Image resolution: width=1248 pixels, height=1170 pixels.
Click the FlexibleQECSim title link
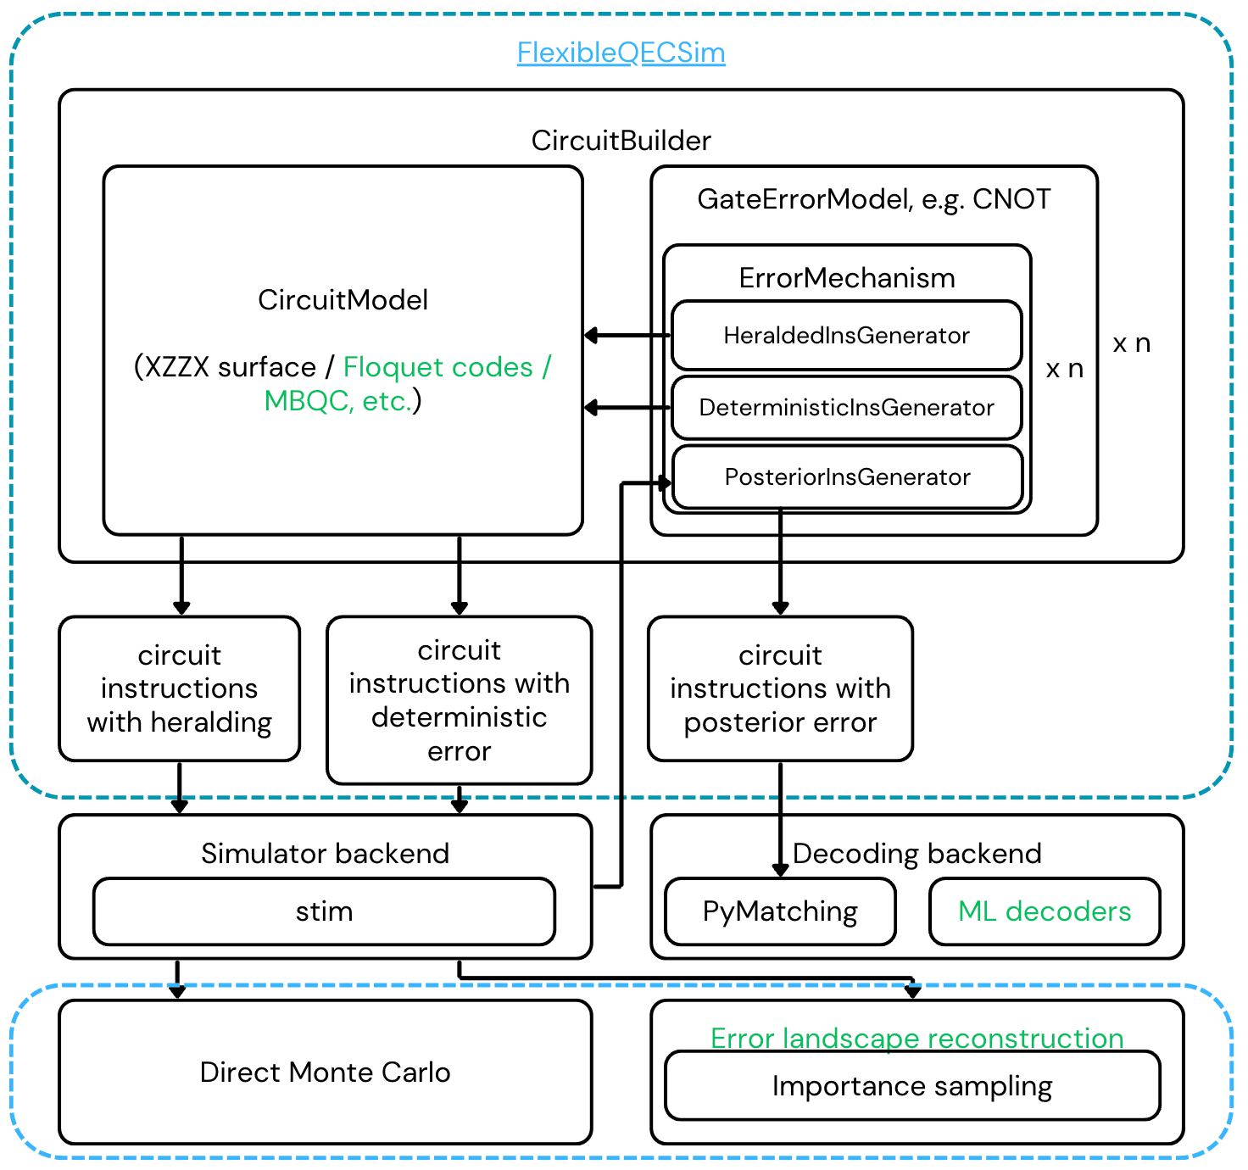621,53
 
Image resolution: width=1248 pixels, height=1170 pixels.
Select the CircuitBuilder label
621,140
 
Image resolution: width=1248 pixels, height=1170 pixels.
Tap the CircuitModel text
343,299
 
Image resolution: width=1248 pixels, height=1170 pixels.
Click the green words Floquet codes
438,367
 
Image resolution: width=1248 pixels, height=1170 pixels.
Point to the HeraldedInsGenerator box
846,335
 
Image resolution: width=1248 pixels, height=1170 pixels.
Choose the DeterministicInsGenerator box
846,407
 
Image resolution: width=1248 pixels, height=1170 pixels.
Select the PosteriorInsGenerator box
846,476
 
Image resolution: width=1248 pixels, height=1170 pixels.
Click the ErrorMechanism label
846,278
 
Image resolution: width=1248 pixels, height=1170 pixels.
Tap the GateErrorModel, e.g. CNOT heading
873,199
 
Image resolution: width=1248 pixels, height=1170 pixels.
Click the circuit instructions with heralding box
179,688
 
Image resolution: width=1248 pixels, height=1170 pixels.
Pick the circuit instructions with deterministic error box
459,700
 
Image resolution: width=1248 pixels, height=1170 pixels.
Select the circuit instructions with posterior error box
780,688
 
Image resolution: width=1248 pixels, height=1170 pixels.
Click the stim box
324,911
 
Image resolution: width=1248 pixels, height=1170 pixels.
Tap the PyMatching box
780,911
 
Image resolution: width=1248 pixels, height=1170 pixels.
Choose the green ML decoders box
1044,911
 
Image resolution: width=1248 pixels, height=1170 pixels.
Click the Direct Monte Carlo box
325,1072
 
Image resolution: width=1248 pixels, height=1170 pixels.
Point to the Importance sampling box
911,1086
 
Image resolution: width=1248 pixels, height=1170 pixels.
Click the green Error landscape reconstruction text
916,1038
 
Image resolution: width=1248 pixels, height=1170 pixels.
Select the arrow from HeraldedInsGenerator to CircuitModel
627,335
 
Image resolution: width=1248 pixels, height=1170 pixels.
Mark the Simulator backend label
325,853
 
